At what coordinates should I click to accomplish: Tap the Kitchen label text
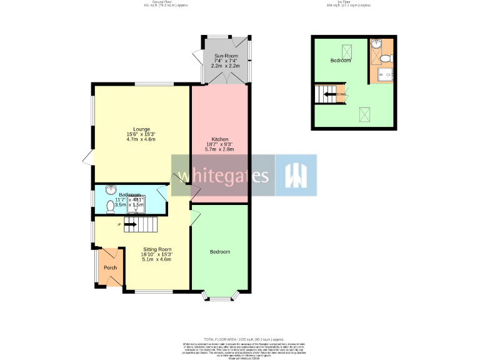(219, 139)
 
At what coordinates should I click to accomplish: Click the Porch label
(111, 267)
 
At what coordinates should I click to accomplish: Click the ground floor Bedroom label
(219, 252)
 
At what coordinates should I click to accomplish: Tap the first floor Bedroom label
(341, 61)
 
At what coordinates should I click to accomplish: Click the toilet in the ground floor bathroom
(111, 206)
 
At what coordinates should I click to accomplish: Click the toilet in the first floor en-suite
(386, 58)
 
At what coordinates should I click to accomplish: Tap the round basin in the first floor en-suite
(376, 44)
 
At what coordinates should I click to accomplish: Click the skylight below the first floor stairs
(363, 114)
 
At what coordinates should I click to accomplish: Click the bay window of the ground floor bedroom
(219, 296)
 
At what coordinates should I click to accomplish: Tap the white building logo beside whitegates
(294, 176)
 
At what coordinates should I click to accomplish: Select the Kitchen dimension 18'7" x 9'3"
(219, 144)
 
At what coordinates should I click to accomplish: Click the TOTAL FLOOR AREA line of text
(240, 338)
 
